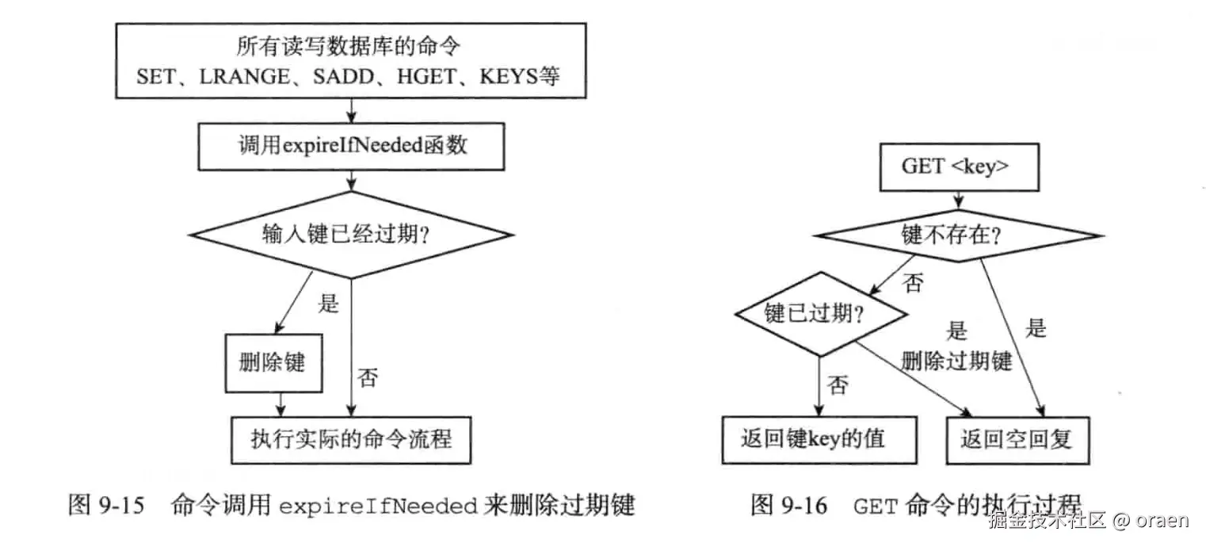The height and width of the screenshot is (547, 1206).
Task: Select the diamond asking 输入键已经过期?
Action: pyautogui.click(x=351, y=235)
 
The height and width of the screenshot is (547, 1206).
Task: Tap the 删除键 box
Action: pyautogui.click(x=273, y=363)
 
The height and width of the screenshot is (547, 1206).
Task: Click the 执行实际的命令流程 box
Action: pyautogui.click(x=351, y=438)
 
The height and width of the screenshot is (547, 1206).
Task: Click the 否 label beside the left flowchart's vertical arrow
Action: pyautogui.click(x=368, y=377)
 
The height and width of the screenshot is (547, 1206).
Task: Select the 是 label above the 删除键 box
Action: pyautogui.click(x=327, y=303)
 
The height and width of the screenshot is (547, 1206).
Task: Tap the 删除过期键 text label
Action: pyautogui.click(x=956, y=361)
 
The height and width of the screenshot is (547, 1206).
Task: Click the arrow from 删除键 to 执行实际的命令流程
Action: pyautogui.click(x=274, y=403)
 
